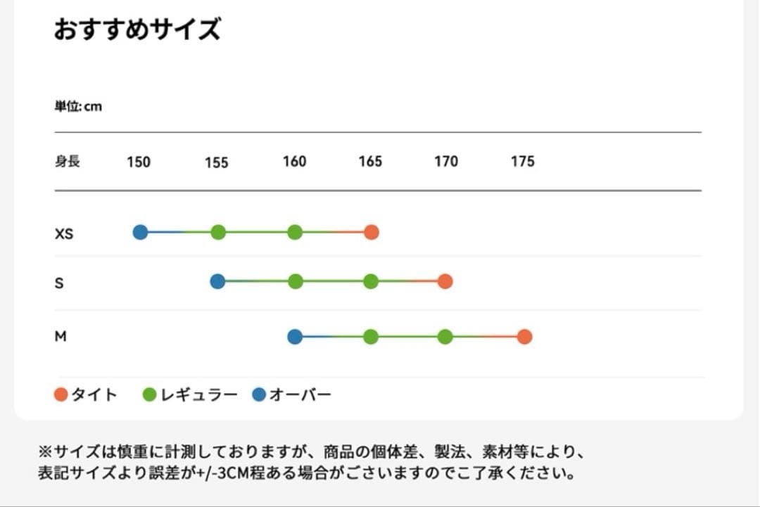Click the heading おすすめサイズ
[137, 30]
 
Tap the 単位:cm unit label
[78, 107]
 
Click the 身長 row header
[68, 162]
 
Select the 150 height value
[139, 162]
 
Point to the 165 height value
[370, 162]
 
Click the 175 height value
[523, 162]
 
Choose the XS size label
[64, 233]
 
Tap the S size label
[59, 283]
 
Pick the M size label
[61, 337]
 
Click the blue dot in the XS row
[141, 232]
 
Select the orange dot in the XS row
[372, 232]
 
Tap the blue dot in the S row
[217, 281]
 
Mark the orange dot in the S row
[445, 281]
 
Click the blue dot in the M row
[295, 337]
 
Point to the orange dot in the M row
[524, 337]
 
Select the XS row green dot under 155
[218, 232]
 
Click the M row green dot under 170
[445, 337]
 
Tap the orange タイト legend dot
[61, 395]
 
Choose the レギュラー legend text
[200, 395]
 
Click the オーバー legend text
[300, 395]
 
